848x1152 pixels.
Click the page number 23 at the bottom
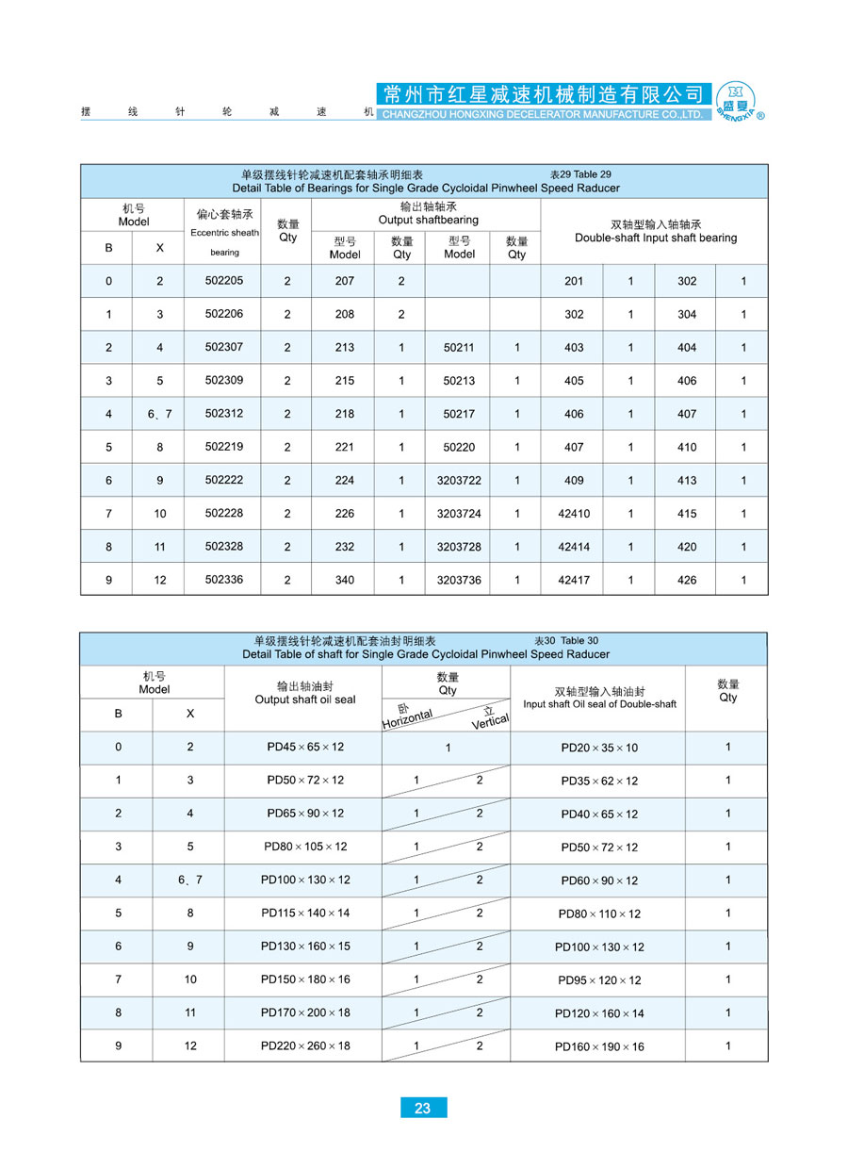tap(422, 1108)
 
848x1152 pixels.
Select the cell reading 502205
tap(224, 281)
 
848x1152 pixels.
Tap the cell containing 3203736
tap(459, 580)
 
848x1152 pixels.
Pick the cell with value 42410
tap(574, 514)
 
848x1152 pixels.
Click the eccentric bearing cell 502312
tap(224, 414)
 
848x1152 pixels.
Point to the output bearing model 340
tap(345, 580)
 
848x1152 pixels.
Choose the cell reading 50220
tap(459, 447)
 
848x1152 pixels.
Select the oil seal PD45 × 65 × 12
tap(305, 747)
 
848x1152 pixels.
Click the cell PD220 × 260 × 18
tap(305, 1045)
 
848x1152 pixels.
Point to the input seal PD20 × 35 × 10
tap(599, 748)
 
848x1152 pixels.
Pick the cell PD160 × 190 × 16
tap(599, 1046)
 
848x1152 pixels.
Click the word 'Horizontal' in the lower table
tap(407, 718)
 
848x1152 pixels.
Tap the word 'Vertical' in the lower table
tap(490, 721)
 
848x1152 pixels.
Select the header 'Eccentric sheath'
tap(224, 233)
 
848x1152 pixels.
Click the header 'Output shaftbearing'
tap(429, 220)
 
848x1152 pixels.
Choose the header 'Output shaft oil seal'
tap(305, 699)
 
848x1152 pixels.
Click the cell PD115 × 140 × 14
tap(305, 913)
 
